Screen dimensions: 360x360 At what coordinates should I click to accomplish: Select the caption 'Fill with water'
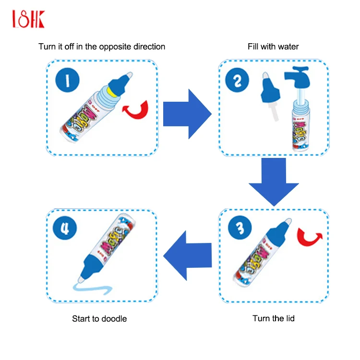[x=273, y=47]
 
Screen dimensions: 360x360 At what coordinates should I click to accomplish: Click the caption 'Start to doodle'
[x=99, y=318]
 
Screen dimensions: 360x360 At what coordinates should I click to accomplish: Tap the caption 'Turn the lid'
[x=274, y=318]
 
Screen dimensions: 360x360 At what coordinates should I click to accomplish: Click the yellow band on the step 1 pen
[x=112, y=89]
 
